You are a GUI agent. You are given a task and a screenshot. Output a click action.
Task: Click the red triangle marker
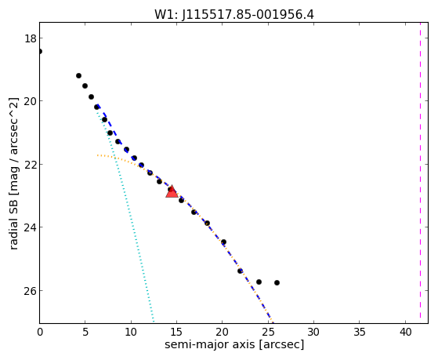tap(172, 191)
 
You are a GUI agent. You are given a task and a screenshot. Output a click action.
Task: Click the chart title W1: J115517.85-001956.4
tap(234, 15)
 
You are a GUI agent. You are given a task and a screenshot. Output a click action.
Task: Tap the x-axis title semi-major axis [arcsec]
tap(234, 344)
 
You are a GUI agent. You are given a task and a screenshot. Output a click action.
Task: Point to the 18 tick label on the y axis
tap(31, 38)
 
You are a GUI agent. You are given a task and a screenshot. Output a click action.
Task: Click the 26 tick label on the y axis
tap(31, 291)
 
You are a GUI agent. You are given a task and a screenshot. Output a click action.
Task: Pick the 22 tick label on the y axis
tap(31, 165)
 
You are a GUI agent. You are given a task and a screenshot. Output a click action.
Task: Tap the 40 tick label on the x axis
tap(405, 333)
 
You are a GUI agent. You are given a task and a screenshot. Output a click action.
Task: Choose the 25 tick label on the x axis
tap(269, 333)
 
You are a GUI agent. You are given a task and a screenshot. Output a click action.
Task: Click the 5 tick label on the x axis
tap(85, 333)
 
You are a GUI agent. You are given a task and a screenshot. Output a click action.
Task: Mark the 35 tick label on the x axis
tap(360, 333)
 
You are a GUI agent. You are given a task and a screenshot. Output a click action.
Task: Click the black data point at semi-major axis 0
tap(40, 52)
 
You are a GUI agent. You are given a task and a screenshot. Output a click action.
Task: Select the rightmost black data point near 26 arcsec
tap(277, 283)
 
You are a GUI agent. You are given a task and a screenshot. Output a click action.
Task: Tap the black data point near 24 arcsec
tap(259, 282)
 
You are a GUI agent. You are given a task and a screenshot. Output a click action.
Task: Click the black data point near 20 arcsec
tap(223, 242)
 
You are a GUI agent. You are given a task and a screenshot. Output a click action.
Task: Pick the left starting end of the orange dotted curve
tap(97, 155)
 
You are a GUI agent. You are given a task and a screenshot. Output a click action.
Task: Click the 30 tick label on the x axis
tap(314, 333)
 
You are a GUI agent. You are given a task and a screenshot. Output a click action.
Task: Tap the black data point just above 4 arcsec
tap(79, 76)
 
